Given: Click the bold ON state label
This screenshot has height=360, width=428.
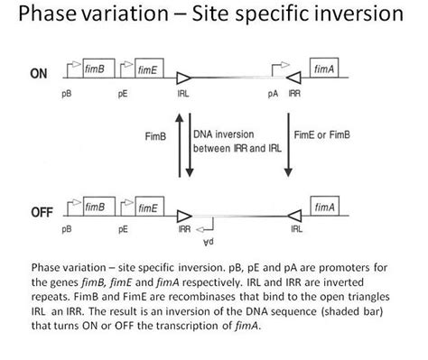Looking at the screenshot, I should (39, 74).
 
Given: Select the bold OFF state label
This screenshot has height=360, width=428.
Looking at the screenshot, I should (39, 213).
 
